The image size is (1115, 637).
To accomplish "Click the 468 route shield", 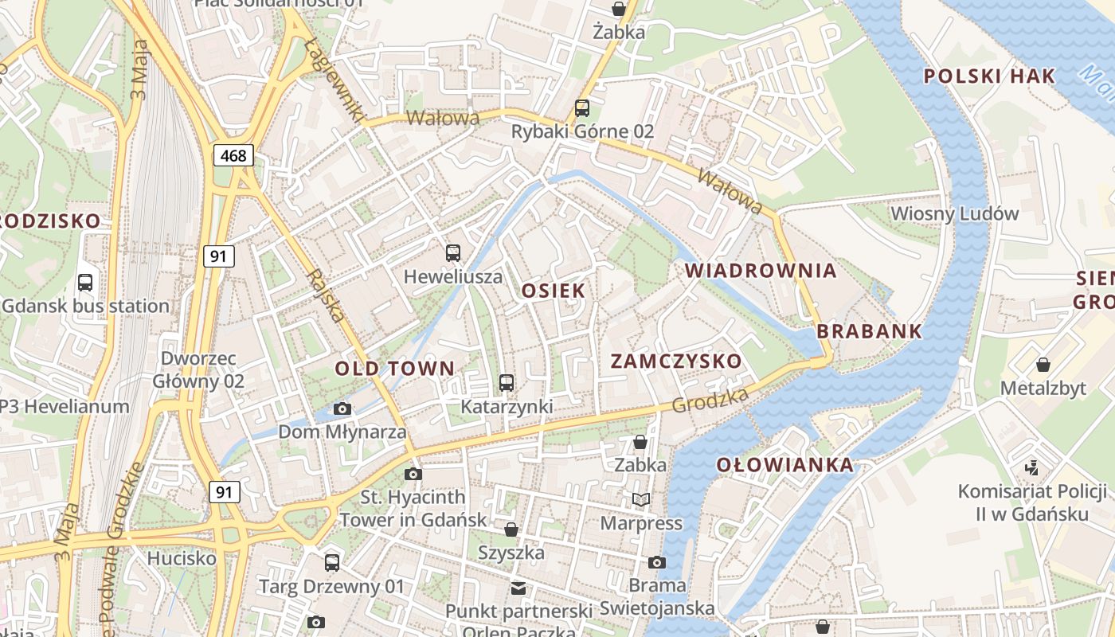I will (233, 154).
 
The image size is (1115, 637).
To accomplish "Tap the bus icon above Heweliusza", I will (453, 253).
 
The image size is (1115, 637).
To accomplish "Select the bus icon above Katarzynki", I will (507, 383).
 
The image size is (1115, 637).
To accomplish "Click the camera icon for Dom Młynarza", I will (342, 409).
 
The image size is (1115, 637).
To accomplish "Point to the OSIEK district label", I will (554, 291).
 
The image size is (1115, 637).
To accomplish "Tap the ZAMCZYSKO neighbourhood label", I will (676, 361).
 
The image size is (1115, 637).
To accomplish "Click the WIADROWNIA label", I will (761, 271).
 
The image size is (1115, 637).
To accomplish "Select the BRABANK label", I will (870, 331).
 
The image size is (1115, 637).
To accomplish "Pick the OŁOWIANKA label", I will (784, 465).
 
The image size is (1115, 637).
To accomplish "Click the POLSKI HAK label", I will (989, 76).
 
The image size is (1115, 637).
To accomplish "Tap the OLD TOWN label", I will (395, 369).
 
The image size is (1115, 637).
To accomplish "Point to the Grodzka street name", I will (710, 401).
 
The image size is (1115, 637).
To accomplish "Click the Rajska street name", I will (326, 295).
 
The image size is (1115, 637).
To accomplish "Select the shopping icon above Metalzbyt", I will (1043, 365).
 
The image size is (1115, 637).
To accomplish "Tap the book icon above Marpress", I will (641, 500).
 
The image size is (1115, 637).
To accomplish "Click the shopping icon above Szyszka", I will (511, 530).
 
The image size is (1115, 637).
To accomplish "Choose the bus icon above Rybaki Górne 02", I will (582, 107).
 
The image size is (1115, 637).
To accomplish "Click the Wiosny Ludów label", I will (955, 213).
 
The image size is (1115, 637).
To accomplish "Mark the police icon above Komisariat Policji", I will (1033, 468).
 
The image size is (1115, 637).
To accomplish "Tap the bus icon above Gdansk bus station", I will (85, 282).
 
